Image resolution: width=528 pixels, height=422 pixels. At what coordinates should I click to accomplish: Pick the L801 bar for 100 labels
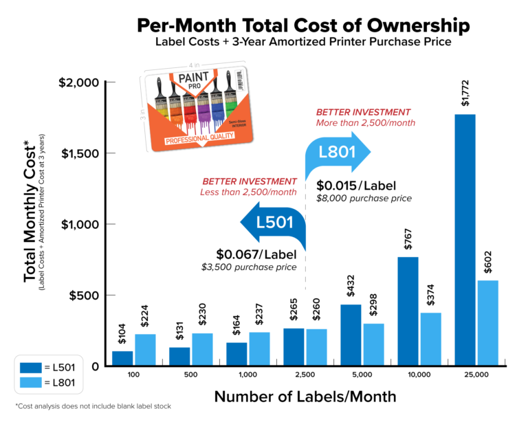tap(146, 350)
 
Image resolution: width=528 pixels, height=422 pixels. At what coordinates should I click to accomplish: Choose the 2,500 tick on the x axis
tap(305, 375)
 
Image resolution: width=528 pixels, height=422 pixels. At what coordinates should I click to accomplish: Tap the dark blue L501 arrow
tap(272, 222)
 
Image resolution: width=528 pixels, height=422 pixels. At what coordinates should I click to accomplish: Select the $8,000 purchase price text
tap(364, 199)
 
